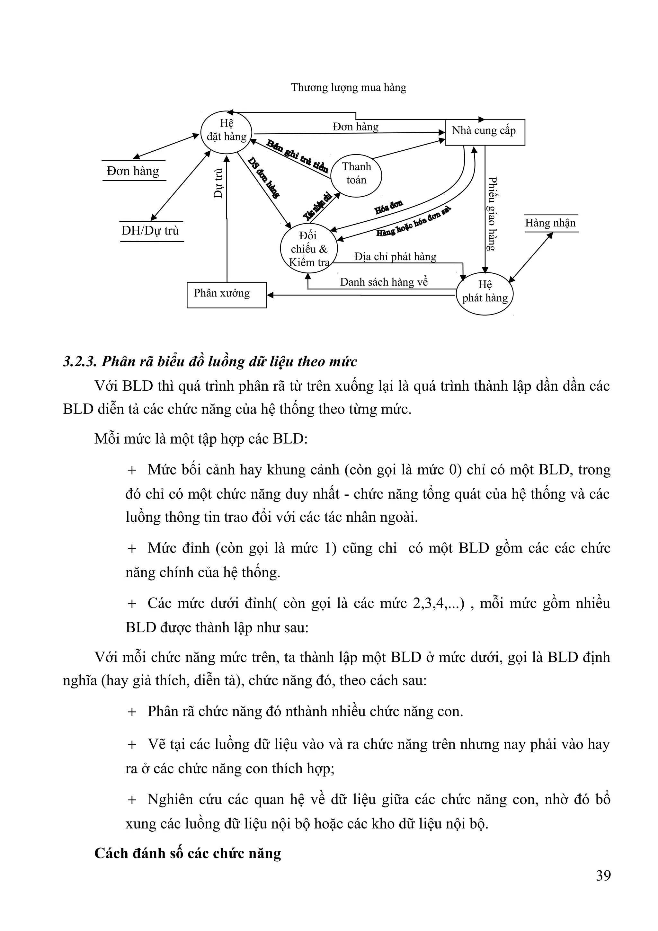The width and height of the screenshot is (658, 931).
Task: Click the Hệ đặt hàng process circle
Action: (226, 132)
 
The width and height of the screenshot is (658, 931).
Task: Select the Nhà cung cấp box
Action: (485, 132)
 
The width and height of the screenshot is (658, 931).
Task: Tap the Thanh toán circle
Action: (356, 173)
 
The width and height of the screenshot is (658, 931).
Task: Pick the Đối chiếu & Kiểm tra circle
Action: (308, 249)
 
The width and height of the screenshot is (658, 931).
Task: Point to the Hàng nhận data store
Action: (550, 223)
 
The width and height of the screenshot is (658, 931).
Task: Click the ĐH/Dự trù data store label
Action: (150, 231)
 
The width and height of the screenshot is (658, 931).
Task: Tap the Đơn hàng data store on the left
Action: (133, 171)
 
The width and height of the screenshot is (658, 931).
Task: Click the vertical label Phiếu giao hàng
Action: (491, 214)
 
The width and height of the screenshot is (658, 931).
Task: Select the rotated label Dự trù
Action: (218, 183)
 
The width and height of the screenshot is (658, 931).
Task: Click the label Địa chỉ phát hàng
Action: (395, 257)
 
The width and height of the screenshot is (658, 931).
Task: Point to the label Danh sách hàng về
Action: (384, 282)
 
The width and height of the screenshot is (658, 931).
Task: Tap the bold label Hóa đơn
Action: (388, 207)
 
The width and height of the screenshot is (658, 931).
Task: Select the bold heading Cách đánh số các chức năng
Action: (188, 853)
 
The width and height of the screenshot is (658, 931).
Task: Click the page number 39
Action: (603, 875)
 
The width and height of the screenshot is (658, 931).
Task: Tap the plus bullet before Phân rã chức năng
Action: (132, 712)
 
